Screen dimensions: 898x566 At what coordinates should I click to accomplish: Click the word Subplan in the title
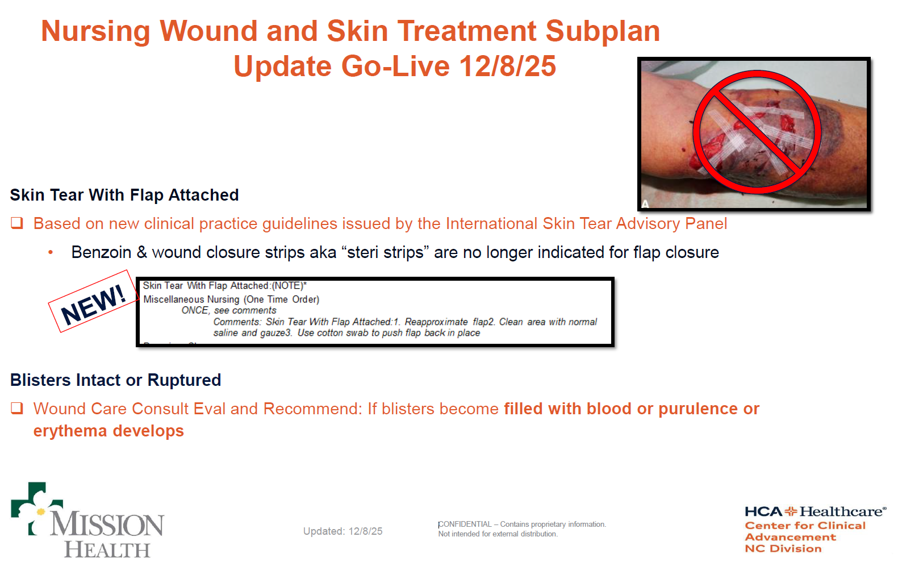pyautogui.click(x=603, y=32)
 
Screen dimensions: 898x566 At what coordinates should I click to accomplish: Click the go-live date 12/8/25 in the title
pyautogui.click(x=508, y=66)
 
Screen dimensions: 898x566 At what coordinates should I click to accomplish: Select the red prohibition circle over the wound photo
pyautogui.click(x=757, y=132)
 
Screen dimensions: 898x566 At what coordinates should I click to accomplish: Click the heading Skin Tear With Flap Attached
pyautogui.click(x=124, y=195)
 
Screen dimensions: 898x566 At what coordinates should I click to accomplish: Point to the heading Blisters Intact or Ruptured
pyautogui.click(x=115, y=380)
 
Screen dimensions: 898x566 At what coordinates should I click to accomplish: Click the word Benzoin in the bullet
pyautogui.click(x=102, y=252)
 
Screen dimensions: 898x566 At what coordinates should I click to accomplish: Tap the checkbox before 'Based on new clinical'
pyautogui.click(x=17, y=223)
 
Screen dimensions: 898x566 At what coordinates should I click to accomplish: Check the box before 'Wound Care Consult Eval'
pyautogui.click(x=17, y=409)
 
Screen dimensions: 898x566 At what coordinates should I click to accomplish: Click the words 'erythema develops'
pyautogui.click(x=108, y=431)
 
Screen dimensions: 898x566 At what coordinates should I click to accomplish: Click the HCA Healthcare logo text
pyautogui.click(x=816, y=511)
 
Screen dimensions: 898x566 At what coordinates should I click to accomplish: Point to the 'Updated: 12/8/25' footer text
pyautogui.click(x=343, y=531)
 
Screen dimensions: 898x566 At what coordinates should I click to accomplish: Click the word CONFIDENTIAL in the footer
pyautogui.click(x=465, y=525)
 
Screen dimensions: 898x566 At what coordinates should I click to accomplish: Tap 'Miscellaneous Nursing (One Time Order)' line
pyautogui.click(x=231, y=299)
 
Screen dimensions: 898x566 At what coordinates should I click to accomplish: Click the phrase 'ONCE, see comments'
pyautogui.click(x=229, y=310)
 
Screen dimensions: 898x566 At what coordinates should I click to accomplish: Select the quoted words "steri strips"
pyautogui.click(x=385, y=252)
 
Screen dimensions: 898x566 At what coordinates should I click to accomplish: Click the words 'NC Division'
pyautogui.click(x=783, y=548)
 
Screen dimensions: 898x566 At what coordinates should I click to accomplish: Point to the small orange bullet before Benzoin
pyautogui.click(x=51, y=252)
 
